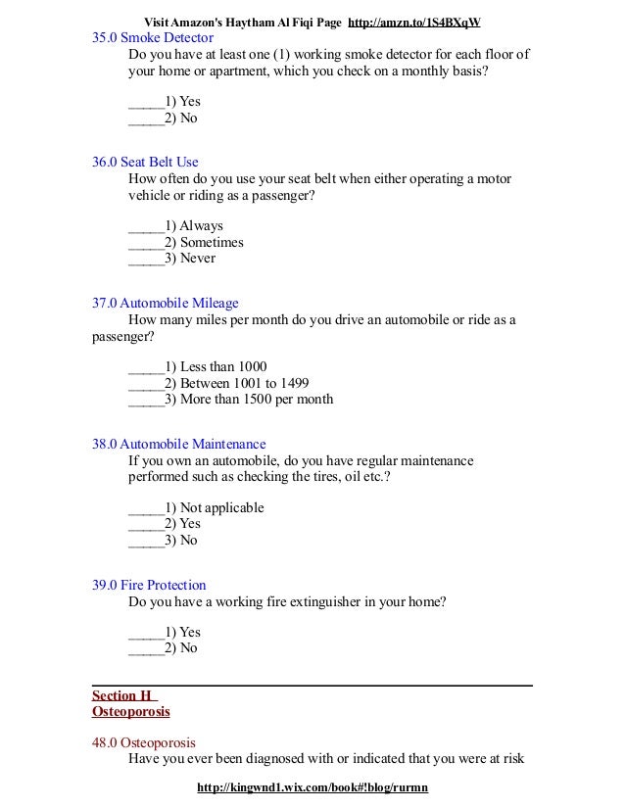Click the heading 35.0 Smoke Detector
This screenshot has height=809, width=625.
(152, 37)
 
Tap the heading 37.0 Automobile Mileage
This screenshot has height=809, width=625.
(166, 303)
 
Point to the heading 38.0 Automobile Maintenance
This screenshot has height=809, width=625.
(179, 444)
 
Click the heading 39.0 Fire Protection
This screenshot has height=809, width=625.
(150, 585)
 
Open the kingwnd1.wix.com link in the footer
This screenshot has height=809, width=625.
(313, 787)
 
